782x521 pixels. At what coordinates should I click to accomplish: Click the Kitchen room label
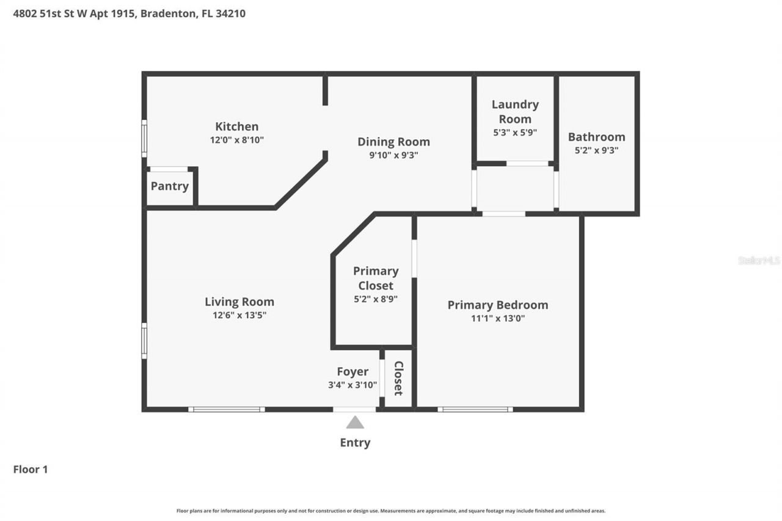[x=236, y=126]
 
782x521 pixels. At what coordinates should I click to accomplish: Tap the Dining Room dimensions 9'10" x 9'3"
[x=393, y=155]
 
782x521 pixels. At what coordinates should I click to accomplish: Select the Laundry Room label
[x=515, y=112]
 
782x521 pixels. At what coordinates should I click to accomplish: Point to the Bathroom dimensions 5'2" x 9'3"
[x=596, y=150]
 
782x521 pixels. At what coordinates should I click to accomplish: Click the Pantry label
[x=169, y=186]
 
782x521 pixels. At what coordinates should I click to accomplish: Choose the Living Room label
[x=239, y=302]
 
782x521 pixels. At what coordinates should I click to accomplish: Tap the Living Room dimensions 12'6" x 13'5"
[x=239, y=315]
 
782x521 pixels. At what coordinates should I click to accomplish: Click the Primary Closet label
[x=376, y=278]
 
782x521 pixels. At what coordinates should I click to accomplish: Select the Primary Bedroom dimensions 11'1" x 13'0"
[x=497, y=318]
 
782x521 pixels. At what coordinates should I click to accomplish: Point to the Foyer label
[x=353, y=371]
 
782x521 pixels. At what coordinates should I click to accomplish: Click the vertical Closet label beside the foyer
[x=398, y=378]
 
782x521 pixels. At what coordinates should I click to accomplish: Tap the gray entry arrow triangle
[x=355, y=422]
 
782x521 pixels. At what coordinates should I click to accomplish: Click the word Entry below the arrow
[x=355, y=443]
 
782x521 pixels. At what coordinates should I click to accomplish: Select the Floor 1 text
[x=31, y=469]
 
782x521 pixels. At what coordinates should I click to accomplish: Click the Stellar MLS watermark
[x=759, y=260]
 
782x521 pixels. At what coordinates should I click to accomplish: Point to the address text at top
[x=130, y=13]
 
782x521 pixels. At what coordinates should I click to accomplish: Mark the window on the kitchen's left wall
[x=144, y=139]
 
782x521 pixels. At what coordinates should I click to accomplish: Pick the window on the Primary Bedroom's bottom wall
[x=475, y=409]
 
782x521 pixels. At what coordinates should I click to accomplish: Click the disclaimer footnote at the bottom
[x=391, y=511]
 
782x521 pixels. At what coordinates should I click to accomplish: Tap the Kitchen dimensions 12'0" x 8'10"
[x=236, y=140]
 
